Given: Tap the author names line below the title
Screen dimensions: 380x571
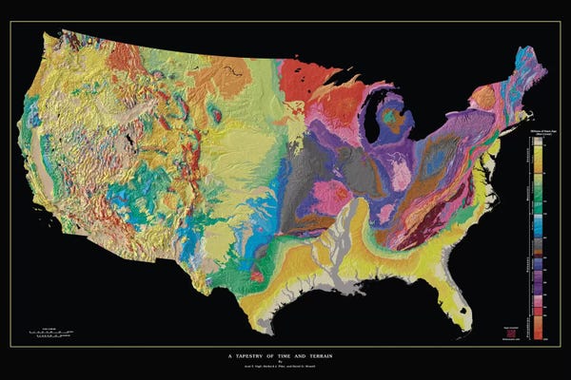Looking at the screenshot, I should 285,364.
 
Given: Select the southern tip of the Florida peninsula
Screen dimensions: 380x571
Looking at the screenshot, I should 465,326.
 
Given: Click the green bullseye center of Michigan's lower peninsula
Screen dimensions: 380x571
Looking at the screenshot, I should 393,120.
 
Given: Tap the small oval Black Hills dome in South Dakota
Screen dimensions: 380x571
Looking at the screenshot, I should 218,116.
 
